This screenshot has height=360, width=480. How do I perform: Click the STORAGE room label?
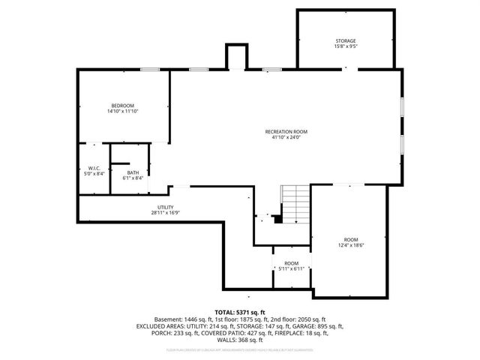[345, 40]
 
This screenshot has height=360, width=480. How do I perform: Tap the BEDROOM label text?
[123, 105]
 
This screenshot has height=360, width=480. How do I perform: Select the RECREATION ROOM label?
[286, 132]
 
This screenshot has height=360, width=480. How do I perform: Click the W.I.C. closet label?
[94, 168]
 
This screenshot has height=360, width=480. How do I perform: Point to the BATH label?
[133, 172]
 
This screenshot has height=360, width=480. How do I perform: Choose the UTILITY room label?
[166, 207]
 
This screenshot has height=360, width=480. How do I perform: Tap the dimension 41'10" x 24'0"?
[286, 138]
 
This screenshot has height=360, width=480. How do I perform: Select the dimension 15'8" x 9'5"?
[345, 46]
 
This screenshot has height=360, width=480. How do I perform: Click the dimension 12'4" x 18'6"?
[349, 245]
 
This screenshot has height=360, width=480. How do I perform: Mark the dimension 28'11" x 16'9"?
[166, 213]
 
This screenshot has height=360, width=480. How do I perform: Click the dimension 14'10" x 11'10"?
[123, 111]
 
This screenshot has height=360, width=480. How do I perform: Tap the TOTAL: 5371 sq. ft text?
[240, 311]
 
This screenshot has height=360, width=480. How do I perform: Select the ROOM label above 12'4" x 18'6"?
[349, 239]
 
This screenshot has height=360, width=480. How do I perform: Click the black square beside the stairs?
[277, 220]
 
